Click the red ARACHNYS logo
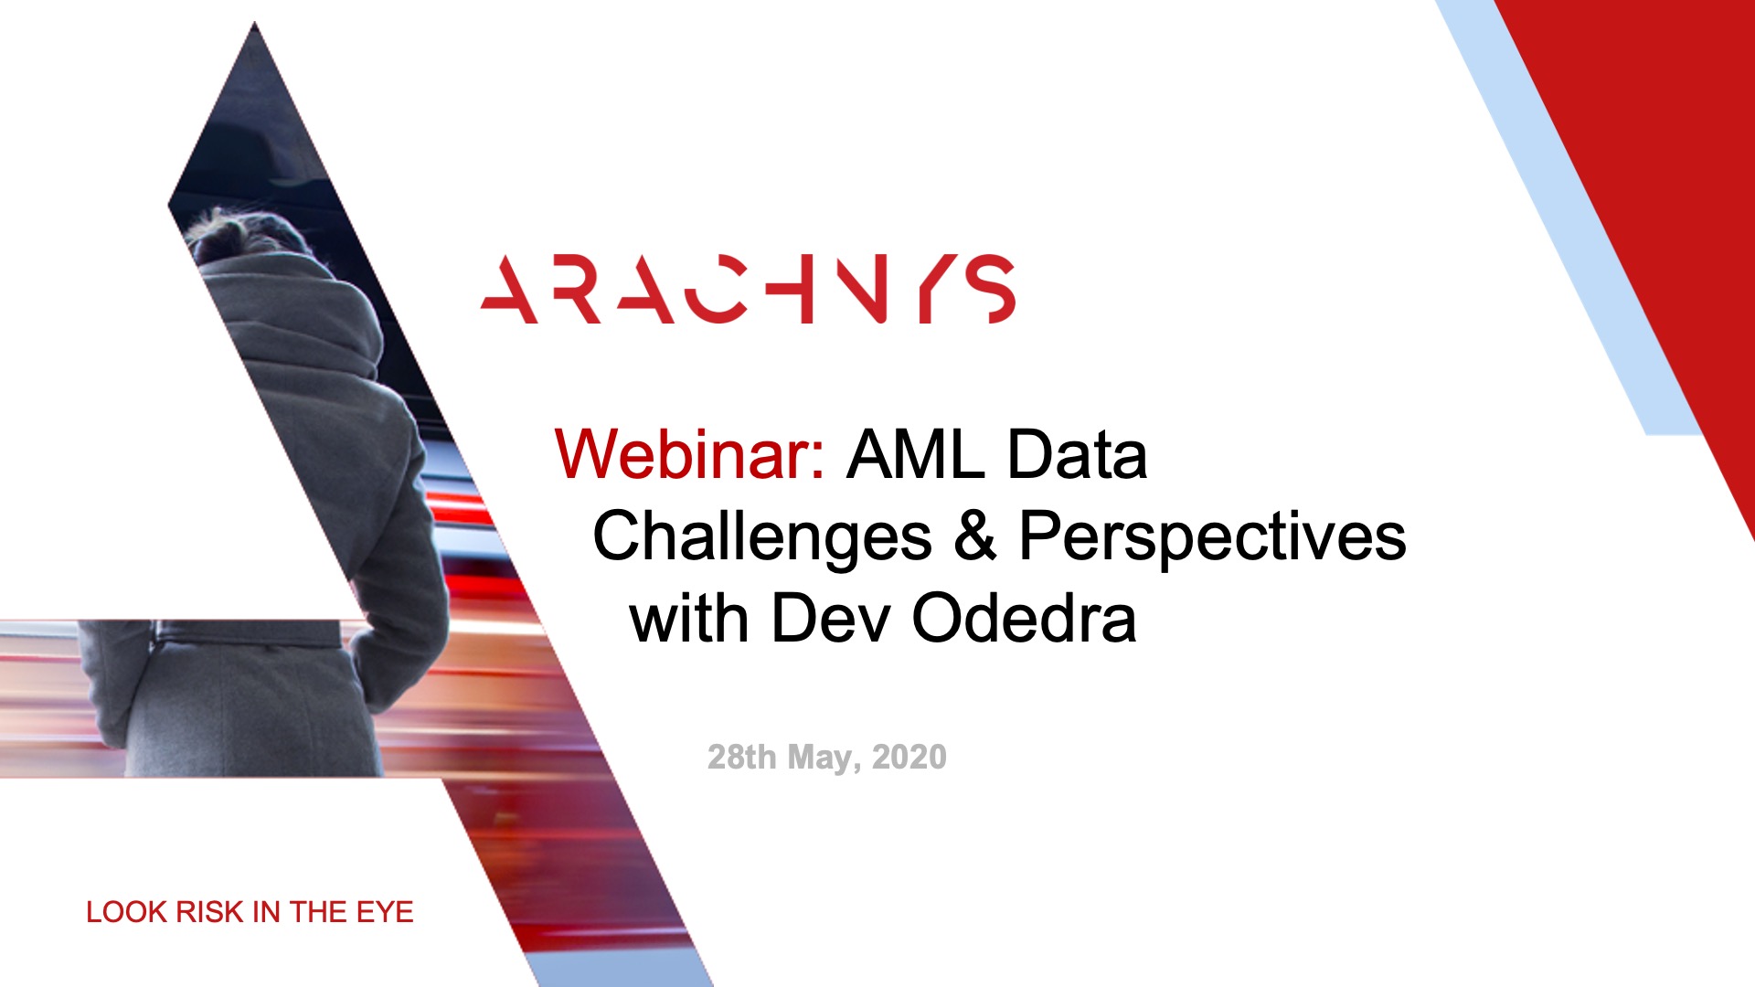pyautogui.click(x=748, y=289)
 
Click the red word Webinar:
pyautogui.click(x=690, y=454)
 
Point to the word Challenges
pyautogui.click(x=762, y=537)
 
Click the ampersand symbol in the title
pyautogui.click(x=975, y=536)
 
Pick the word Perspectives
pyautogui.click(x=1212, y=537)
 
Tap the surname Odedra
pyautogui.click(x=1025, y=618)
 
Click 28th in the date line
pyautogui.click(x=741, y=757)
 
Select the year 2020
pyautogui.click(x=909, y=757)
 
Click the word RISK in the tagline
pyautogui.click(x=209, y=912)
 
